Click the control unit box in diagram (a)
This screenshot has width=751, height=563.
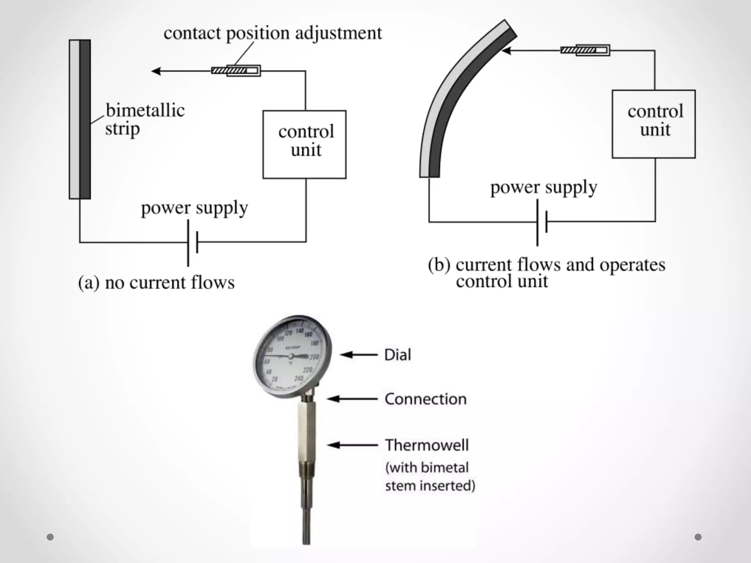click(x=304, y=144)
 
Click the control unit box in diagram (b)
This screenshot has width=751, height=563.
click(x=653, y=124)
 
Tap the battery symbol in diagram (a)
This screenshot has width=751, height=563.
click(x=193, y=242)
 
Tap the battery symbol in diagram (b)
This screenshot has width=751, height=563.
click(x=542, y=222)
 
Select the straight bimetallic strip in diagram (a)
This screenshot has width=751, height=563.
click(x=80, y=119)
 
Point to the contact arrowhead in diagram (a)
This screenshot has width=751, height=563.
click(x=156, y=71)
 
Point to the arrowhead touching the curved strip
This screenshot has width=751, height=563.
click(x=506, y=51)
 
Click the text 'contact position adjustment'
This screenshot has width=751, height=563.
click(x=272, y=33)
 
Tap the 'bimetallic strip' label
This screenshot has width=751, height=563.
click(x=144, y=119)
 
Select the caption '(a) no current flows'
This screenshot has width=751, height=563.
click(x=156, y=283)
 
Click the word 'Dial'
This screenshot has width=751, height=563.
click(x=398, y=355)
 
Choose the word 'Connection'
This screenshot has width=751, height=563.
click(x=425, y=399)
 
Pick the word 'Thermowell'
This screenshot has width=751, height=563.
click(x=427, y=445)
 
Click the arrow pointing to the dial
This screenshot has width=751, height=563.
click(x=358, y=354)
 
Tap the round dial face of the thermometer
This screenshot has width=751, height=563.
click(x=292, y=355)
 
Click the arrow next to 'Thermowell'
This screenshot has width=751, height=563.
click(x=352, y=445)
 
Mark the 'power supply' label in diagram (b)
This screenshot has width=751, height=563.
click(x=544, y=187)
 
